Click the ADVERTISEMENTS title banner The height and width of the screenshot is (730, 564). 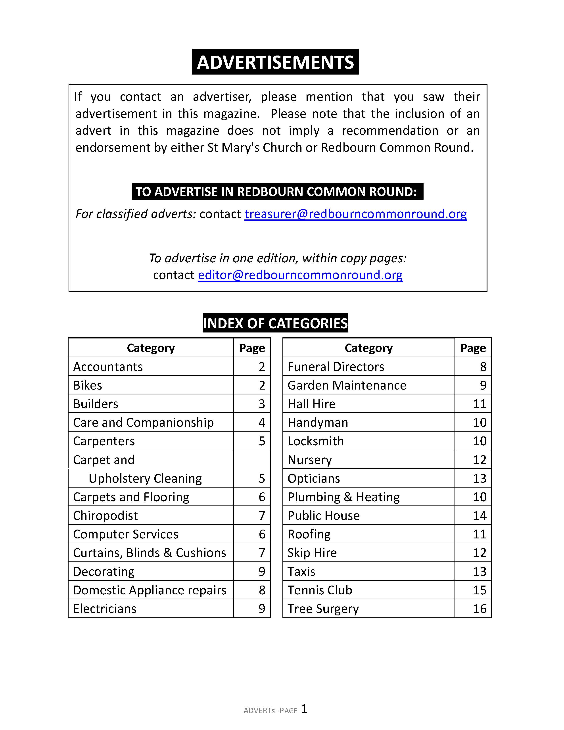275,62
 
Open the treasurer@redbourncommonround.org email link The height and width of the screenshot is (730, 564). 355,214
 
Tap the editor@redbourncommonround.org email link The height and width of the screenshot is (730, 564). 300,275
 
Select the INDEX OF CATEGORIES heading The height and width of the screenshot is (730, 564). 275,323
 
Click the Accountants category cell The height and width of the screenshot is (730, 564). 108,367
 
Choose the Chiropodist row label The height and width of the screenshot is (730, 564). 105,516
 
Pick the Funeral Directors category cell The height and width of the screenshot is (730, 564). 336,367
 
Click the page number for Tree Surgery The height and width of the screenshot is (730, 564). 480,609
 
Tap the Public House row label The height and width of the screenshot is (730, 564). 323,516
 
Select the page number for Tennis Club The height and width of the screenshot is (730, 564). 480,590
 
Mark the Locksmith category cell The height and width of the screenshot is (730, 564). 315,441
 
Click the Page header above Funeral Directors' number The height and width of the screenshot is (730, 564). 473,348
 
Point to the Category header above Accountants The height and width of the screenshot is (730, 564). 151,348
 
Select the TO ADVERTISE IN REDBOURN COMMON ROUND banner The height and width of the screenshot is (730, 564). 277,192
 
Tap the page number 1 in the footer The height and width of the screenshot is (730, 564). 304,709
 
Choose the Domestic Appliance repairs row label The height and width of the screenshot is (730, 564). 150,590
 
